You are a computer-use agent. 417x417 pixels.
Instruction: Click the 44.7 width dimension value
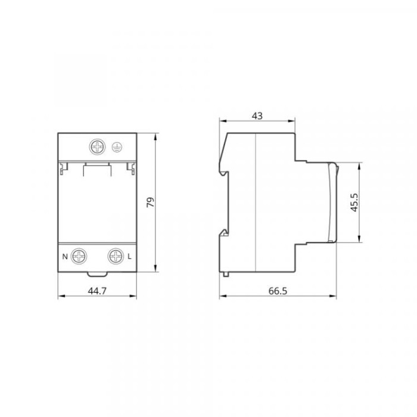[x=97, y=291]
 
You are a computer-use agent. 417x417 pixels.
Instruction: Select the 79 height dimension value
[x=151, y=202]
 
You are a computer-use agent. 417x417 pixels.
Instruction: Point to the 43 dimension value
[x=257, y=116]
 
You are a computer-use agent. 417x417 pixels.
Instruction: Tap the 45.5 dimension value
[x=354, y=203]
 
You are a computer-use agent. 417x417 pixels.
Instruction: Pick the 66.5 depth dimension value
[x=278, y=291]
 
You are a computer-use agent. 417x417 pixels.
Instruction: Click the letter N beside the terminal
[x=65, y=257]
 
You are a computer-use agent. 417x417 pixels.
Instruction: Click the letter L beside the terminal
[x=129, y=257]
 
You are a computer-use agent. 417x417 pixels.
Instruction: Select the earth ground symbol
[x=117, y=147]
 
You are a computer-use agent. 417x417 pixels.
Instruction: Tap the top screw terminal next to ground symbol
[x=97, y=147]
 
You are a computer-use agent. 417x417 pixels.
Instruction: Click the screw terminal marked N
[x=79, y=256]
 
